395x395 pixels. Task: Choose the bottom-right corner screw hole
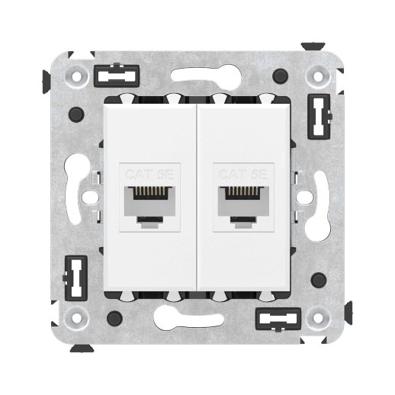tap(316, 316)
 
